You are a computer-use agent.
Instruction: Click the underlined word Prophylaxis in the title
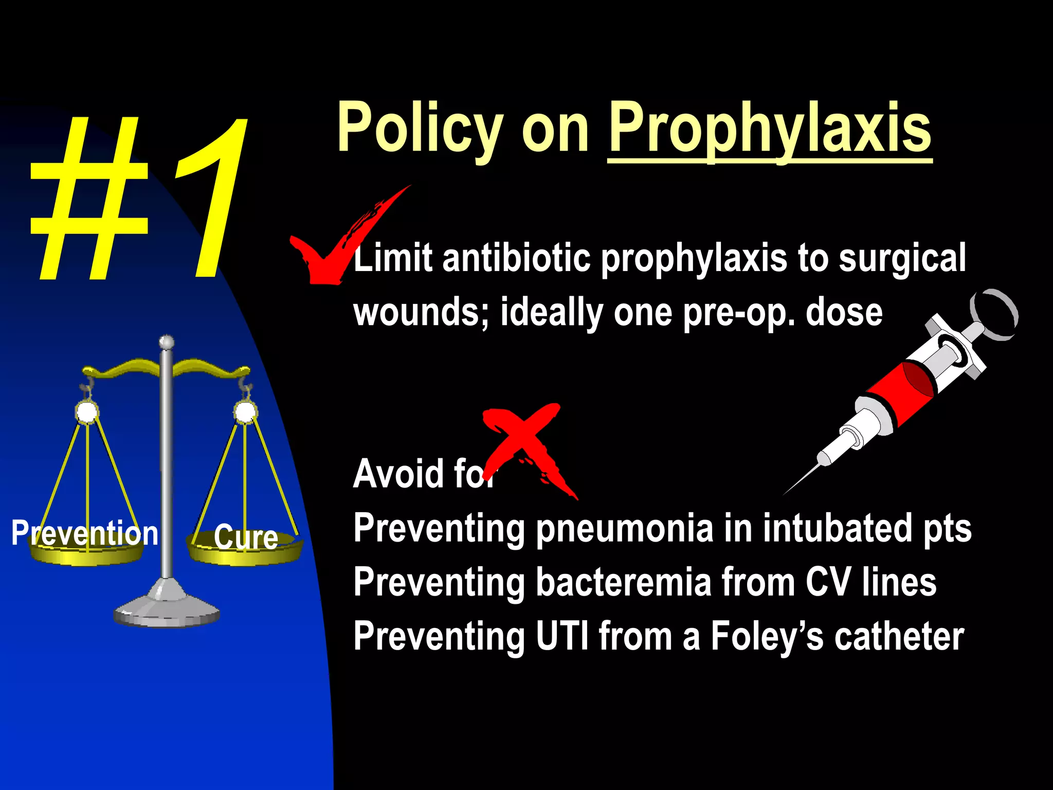click(770, 129)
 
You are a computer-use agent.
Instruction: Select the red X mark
click(524, 447)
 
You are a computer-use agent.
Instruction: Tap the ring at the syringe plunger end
click(994, 314)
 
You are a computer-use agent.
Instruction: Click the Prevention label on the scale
click(85, 533)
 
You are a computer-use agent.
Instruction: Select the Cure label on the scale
click(246, 537)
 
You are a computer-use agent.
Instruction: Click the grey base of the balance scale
click(166, 609)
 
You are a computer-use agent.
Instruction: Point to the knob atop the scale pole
click(166, 342)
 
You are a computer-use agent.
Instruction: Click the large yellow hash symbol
click(90, 201)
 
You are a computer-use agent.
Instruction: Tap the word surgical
click(902, 258)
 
